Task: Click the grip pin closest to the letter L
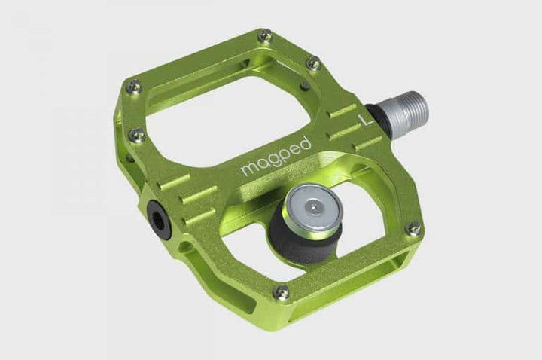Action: [x=314, y=64]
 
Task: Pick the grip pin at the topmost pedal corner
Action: [x=264, y=35]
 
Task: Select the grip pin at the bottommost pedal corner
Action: [x=282, y=291]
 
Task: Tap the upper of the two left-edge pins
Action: [x=134, y=86]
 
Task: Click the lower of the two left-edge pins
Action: [x=137, y=136]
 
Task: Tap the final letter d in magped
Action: [x=304, y=140]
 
